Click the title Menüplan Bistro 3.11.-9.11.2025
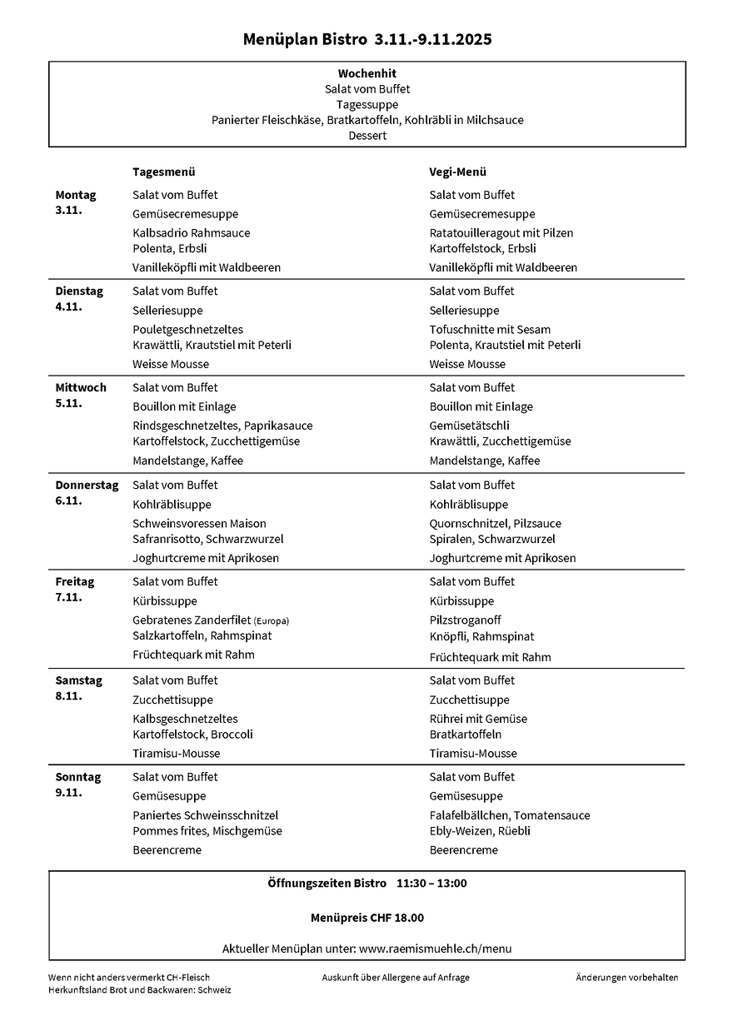coord(367,39)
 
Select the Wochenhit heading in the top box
coord(367,73)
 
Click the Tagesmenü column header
coord(164,172)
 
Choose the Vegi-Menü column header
coord(458,172)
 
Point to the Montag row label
coord(76,195)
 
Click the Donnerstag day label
coord(87,485)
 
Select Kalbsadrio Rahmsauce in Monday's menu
coord(192,233)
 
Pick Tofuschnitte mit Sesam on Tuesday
coord(490,330)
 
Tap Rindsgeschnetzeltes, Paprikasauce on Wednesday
coord(222,426)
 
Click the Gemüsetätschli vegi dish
coord(469,426)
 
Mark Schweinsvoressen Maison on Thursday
coord(200,524)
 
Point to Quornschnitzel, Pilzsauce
coord(496,524)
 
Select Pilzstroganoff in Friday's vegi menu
coord(466,620)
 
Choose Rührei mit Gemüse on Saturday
coord(478,719)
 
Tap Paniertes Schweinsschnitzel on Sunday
coord(206,815)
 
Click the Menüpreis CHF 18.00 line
coord(367,918)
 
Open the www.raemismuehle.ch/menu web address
coord(436,949)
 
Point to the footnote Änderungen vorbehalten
coord(627,978)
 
